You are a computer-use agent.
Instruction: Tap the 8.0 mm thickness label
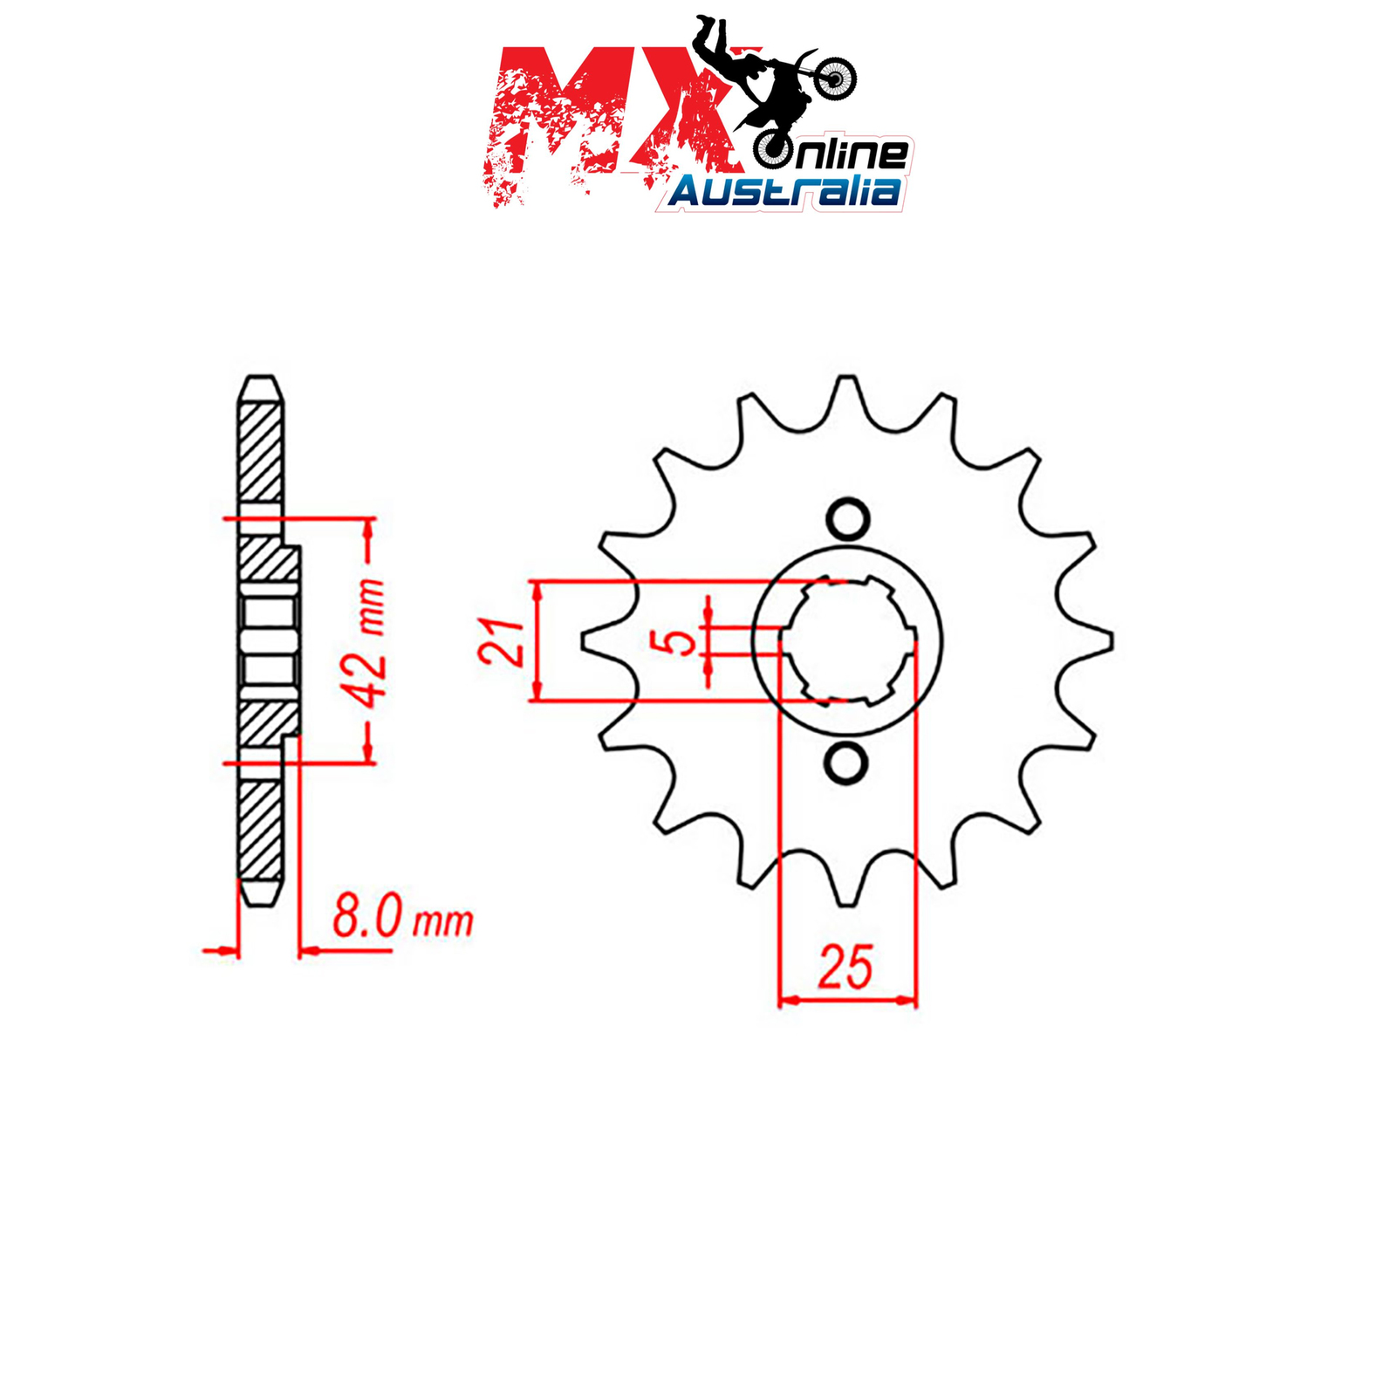pos(403,919)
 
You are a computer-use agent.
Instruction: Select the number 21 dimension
pos(501,642)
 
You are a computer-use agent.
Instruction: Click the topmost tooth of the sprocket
pos(846,397)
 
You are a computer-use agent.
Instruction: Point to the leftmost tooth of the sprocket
pos(602,641)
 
